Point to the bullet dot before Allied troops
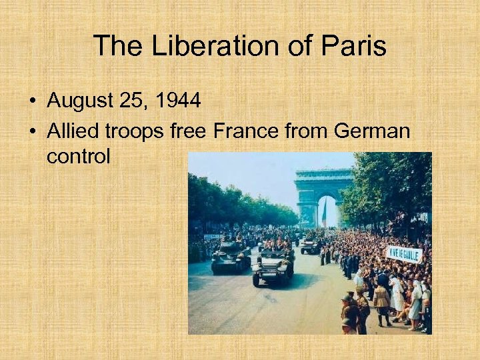click(32, 131)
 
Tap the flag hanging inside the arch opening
click(325, 215)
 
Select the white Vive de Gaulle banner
click(404, 254)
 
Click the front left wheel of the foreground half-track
click(256, 279)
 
